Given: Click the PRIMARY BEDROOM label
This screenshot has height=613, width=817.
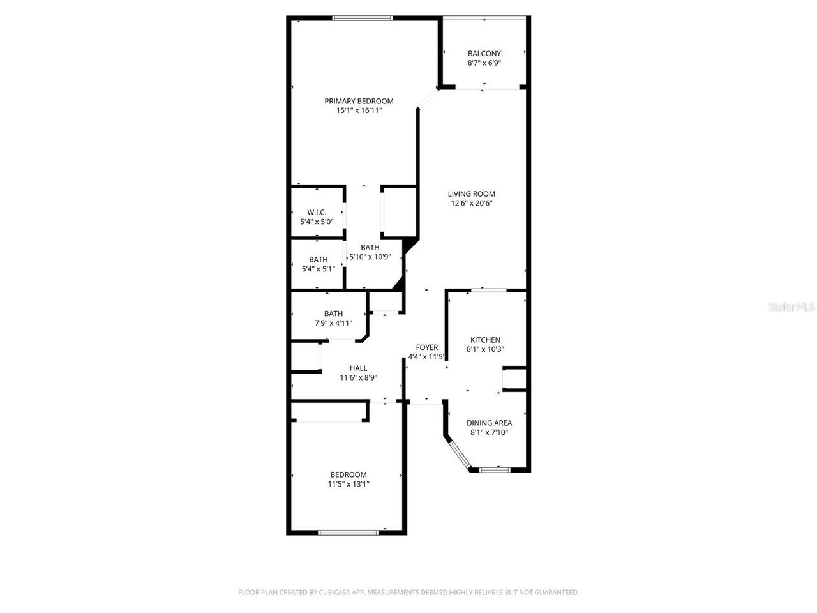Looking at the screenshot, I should [x=359, y=101].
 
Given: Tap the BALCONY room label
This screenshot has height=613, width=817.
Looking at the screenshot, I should [x=484, y=54].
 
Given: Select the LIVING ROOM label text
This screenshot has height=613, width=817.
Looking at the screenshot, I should [x=471, y=194].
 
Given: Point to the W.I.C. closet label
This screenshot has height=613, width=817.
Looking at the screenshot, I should [x=317, y=212].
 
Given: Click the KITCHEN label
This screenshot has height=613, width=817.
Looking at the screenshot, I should [x=485, y=340].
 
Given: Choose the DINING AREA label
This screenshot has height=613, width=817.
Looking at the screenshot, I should [x=489, y=423].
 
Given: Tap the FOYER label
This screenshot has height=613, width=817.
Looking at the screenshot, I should [x=427, y=347].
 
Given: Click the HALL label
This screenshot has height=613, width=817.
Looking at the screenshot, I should [x=358, y=368].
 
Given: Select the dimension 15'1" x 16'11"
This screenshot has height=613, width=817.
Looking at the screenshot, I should [x=359, y=110].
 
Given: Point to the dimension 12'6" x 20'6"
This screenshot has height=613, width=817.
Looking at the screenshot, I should [x=471, y=204].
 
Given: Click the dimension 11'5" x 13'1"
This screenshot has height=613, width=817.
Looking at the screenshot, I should [x=349, y=484].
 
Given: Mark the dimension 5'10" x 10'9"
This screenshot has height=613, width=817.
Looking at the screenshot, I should [x=370, y=257].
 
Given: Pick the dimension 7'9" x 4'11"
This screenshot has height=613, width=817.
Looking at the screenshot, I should [x=333, y=323].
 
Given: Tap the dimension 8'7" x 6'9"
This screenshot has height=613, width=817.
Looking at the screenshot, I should [x=484, y=63].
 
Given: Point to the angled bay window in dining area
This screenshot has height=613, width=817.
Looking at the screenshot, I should [x=459, y=454].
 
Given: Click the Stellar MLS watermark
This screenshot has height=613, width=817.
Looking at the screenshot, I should [x=791, y=306].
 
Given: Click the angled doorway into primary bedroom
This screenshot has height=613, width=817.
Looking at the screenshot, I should [x=428, y=99].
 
